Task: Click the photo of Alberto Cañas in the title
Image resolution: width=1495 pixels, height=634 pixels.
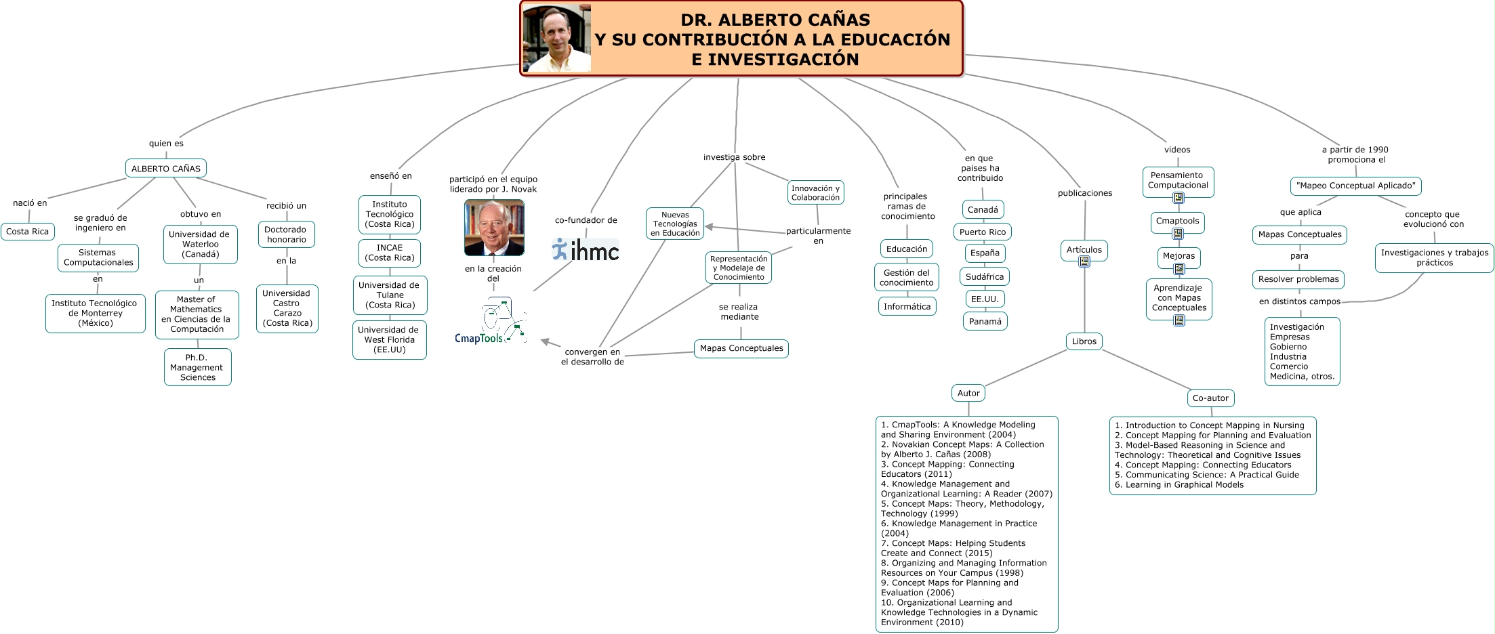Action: click(x=557, y=39)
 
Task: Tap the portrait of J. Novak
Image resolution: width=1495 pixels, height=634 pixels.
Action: click(x=494, y=228)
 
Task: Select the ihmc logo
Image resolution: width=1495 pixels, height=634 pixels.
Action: click(x=586, y=250)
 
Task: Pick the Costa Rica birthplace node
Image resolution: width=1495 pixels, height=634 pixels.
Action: click(x=28, y=232)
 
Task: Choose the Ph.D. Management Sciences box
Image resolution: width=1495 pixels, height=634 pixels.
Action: click(x=197, y=368)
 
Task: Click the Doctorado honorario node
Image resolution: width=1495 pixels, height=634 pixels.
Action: click(x=286, y=234)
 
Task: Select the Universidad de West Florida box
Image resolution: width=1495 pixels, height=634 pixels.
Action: click(x=389, y=340)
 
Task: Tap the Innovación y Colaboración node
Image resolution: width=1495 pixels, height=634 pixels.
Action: click(x=816, y=193)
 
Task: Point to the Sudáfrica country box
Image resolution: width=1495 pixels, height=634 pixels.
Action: click(x=985, y=277)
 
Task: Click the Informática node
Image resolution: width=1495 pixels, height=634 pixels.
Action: click(x=907, y=307)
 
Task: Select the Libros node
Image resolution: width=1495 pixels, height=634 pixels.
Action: click(x=1084, y=341)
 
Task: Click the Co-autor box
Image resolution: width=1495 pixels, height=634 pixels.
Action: click(x=1210, y=398)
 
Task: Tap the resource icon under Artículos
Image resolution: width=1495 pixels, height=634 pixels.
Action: click(x=1084, y=262)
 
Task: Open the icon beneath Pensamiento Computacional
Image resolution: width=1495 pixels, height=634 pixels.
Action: click(x=1179, y=198)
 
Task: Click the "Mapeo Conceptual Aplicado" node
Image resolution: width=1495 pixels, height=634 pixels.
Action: click(x=1355, y=186)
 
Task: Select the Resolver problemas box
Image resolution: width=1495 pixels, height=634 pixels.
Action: click(x=1298, y=279)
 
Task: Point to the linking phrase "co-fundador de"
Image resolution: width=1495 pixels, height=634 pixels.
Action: click(x=586, y=220)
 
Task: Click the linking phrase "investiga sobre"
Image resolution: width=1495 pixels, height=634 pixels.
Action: click(x=734, y=157)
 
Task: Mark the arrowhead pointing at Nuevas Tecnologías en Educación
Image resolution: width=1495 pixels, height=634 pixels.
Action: click(x=708, y=227)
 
